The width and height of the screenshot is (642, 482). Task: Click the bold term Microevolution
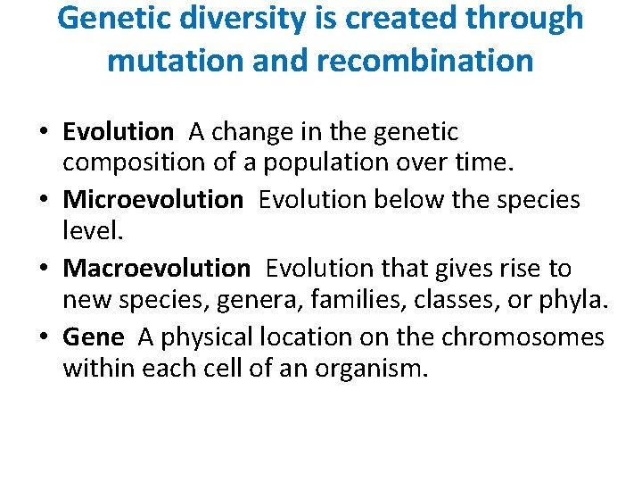pyautogui.click(x=152, y=199)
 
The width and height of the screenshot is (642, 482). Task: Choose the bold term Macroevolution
pyautogui.click(x=156, y=268)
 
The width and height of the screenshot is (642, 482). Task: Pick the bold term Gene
pyautogui.click(x=93, y=337)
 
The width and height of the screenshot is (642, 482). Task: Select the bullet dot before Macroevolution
pyautogui.click(x=44, y=269)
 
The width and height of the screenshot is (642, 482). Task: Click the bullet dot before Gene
pyautogui.click(x=44, y=337)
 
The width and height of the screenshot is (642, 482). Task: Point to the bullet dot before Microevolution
pyautogui.click(x=44, y=200)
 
